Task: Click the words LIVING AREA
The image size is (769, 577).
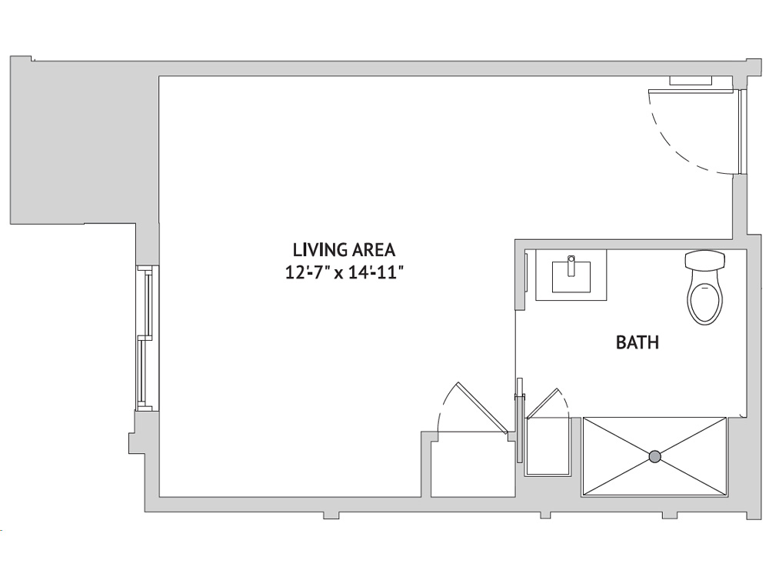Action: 344,250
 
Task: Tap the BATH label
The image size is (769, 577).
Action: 637,342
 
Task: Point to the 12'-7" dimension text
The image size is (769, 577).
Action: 308,272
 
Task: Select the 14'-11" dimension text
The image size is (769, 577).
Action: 375,272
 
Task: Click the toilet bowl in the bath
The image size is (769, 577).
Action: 704,302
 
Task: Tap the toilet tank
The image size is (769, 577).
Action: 705,260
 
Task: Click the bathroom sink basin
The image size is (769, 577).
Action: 571,277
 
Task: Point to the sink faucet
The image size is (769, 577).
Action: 571,265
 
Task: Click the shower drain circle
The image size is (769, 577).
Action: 654,457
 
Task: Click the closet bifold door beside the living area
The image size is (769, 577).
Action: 481,407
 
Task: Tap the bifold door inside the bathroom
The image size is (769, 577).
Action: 542,403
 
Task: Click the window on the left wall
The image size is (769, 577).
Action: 146,338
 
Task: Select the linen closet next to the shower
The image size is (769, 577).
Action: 548,446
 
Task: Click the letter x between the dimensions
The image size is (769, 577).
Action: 338,275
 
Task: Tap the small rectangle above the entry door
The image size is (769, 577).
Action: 691,81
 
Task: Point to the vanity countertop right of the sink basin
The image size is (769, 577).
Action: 598,275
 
